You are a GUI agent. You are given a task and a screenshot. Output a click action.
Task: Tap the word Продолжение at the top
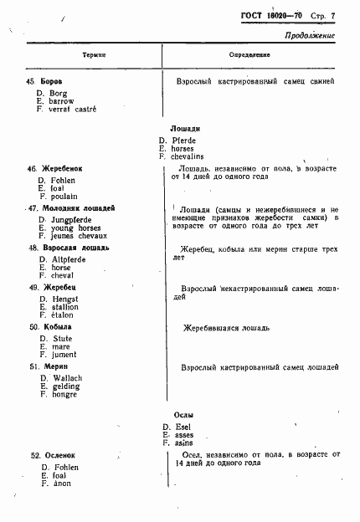point(309,36)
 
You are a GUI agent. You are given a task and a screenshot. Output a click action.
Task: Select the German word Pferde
point(183,141)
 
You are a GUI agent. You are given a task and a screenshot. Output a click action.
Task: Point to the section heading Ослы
point(173,414)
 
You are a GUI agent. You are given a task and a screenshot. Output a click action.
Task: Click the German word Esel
point(179,427)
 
